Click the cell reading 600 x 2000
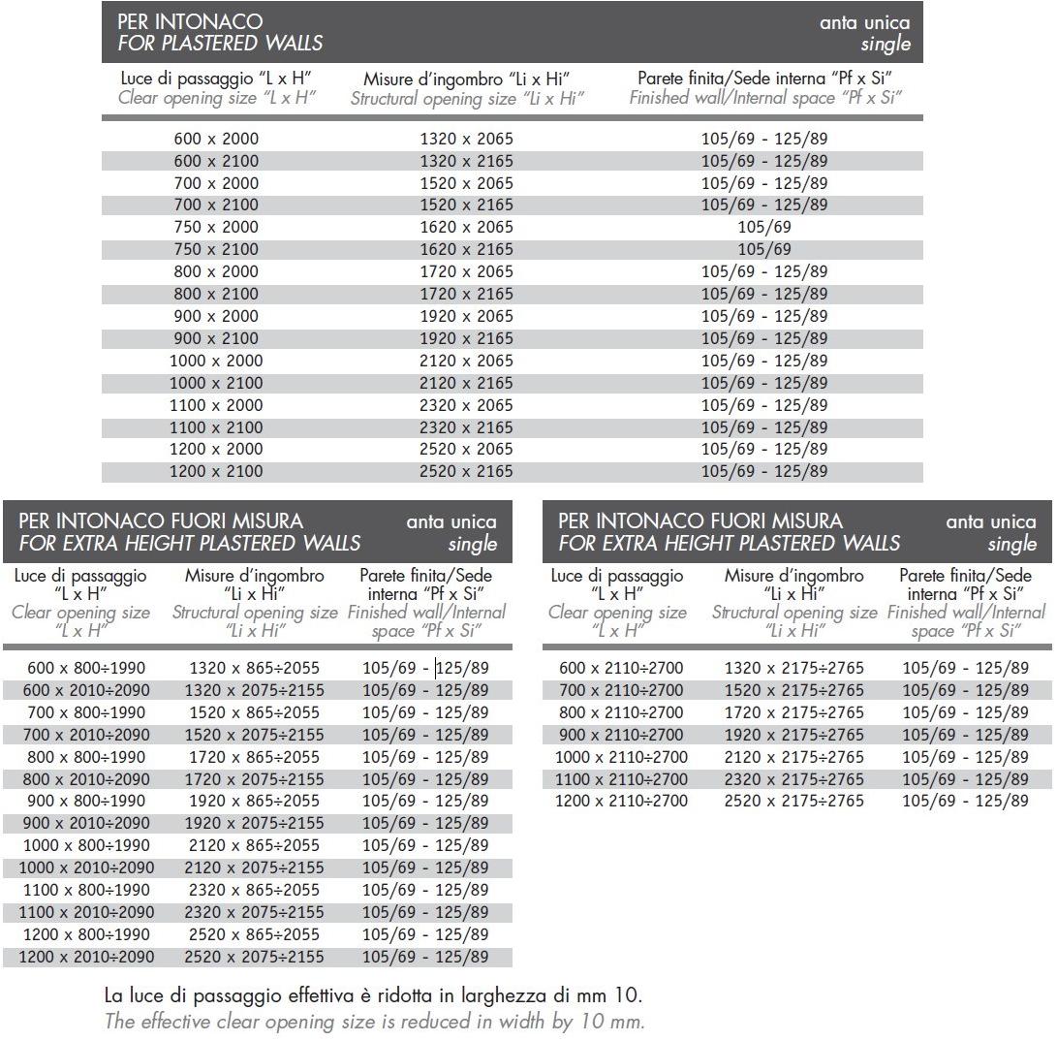coord(216,139)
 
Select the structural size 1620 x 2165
coord(466,249)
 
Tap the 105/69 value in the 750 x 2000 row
coord(764,227)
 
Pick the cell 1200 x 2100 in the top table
coord(216,471)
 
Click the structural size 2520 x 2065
coord(466,449)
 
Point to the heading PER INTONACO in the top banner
coord(190,21)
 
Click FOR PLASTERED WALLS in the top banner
coord(220,44)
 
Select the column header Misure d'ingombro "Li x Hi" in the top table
coord(466,79)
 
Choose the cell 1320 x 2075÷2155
coord(254,690)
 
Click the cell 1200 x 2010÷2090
coord(86,957)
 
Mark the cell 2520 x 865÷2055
coord(254,934)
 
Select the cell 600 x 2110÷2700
coord(621,668)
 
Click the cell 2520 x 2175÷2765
coord(793,801)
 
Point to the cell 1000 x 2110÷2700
coord(621,757)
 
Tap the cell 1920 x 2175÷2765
coord(793,735)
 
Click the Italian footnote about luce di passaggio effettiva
coord(373,995)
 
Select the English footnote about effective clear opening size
coord(374,1021)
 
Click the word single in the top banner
coord(886,45)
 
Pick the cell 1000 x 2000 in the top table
coord(216,361)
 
